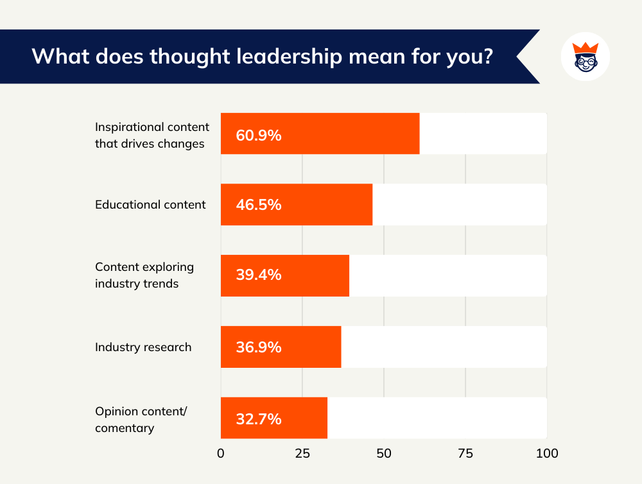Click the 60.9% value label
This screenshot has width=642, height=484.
click(259, 135)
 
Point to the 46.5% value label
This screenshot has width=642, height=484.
click(259, 205)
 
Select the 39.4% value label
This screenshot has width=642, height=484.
click(259, 276)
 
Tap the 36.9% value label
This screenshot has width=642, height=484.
click(259, 347)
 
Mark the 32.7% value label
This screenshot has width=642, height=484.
click(259, 419)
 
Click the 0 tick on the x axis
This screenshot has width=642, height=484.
click(221, 453)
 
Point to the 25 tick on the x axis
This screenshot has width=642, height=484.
click(302, 453)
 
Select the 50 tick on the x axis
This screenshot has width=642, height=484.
click(384, 453)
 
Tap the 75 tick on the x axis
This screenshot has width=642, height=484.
click(465, 453)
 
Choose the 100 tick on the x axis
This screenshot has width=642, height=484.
click(546, 453)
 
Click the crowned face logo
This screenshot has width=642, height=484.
click(585, 56)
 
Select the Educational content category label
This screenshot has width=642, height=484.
click(150, 205)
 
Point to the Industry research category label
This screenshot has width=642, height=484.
click(143, 347)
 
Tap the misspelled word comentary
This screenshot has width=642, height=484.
click(125, 428)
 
